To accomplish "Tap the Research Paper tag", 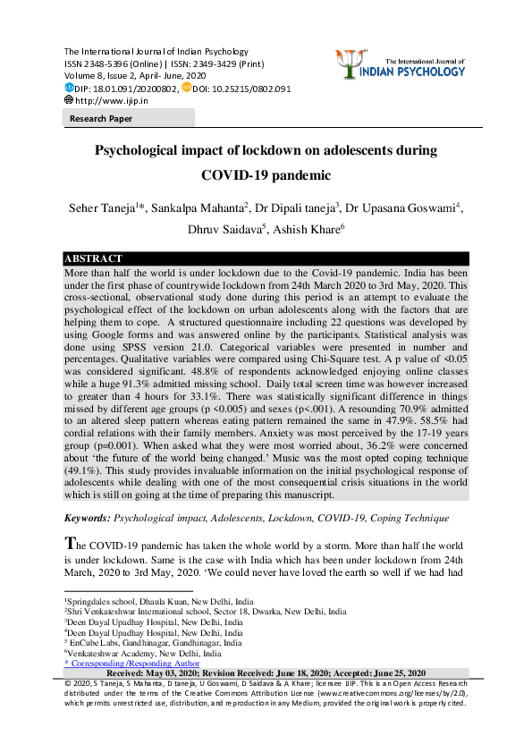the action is click(x=101, y=119).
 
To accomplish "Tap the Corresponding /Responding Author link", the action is click(x=131, y=664).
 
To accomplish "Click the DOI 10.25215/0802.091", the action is click(x=242, y=89).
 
